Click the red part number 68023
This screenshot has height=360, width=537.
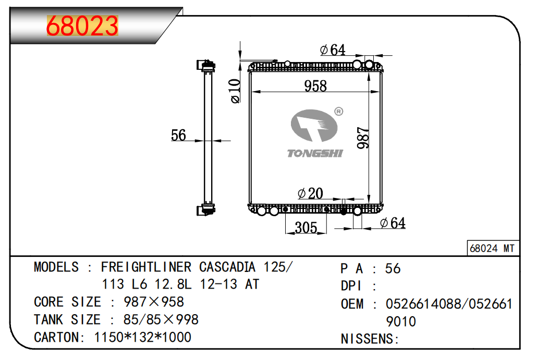(82, 26)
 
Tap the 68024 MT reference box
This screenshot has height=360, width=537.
(493, 248)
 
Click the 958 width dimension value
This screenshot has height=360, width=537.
(315, 86)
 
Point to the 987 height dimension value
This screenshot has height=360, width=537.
(363, 138)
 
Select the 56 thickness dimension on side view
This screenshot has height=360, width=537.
(178, 135)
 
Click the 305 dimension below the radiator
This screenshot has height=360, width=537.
(306, 228)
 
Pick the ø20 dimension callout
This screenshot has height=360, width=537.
(310, 193)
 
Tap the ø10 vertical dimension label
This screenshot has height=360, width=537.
(235, 91)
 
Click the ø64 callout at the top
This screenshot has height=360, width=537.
(333, 50)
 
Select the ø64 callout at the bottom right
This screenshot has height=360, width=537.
(393, 223)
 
